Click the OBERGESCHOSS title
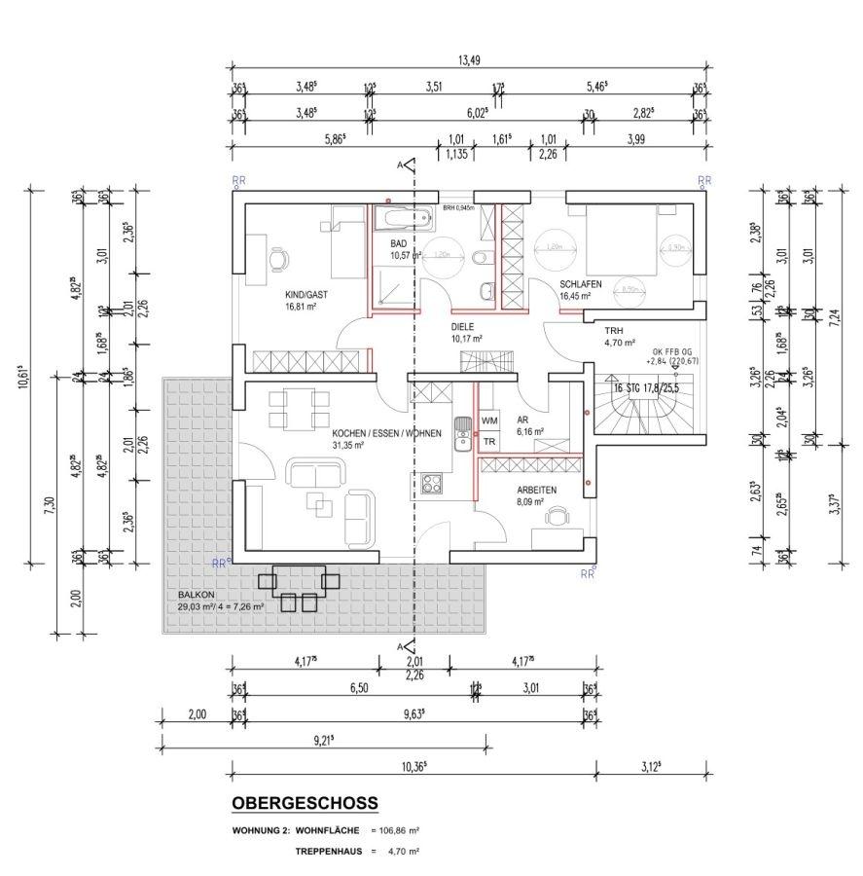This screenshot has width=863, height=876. pos(305,803)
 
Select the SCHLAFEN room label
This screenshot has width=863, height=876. pos(581,284)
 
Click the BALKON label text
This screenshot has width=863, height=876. pos(197,595)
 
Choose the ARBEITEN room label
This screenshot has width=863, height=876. pos(536,491)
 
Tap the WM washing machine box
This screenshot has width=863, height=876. pos(489,420)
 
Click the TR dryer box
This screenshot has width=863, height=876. pos(489,441)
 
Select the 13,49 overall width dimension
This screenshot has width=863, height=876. pos(469,60)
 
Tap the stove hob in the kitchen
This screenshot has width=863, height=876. pos(430,484)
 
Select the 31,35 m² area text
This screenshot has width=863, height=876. pos(346,446)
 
